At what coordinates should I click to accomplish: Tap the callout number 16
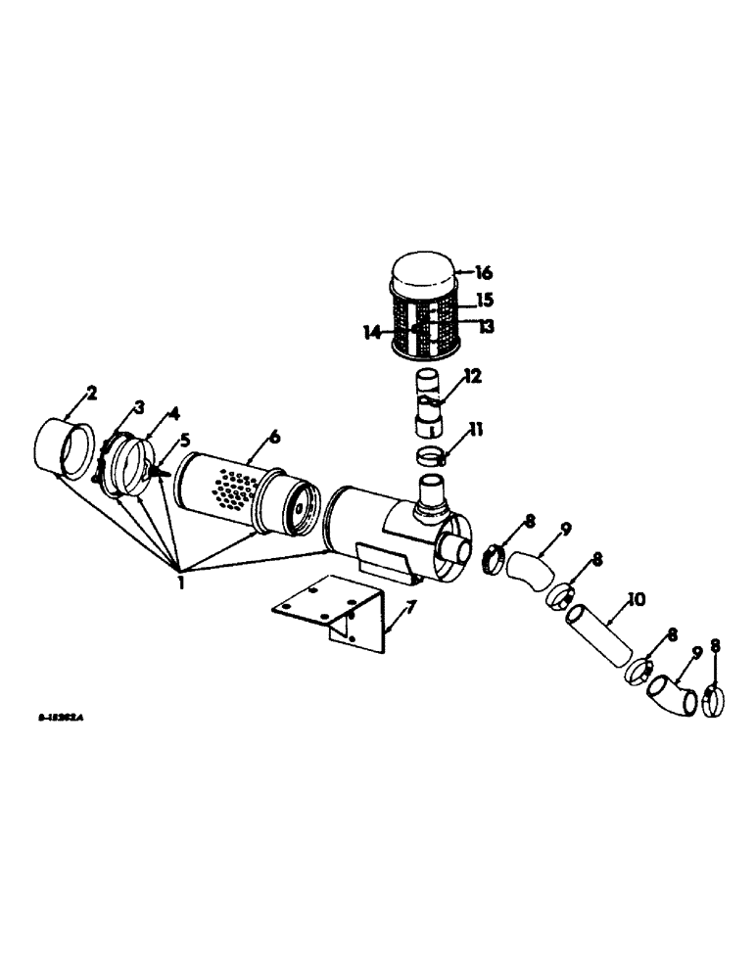[x=483, y=273]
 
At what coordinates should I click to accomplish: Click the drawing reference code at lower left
[x=62, y=717]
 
